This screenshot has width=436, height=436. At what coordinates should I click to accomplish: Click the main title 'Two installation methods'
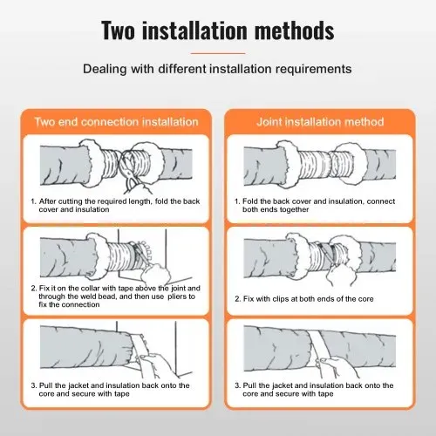tap(218, 31)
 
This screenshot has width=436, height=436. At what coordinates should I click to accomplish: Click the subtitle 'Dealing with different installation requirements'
tap(217, 69)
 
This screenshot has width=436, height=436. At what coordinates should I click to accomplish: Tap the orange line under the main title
tap(218, 53)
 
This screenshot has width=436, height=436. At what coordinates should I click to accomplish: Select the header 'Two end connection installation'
tap(116, 122)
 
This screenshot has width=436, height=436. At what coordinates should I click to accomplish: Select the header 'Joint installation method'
tap(320, 122)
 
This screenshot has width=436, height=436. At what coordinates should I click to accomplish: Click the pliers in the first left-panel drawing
tap(131, 174)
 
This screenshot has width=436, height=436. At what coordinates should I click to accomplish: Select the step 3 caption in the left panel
tap(111, 390)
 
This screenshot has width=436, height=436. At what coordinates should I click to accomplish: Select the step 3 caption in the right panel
tap(314, 390)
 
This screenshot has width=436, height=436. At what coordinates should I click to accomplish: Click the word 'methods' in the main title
tap(294, 31)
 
